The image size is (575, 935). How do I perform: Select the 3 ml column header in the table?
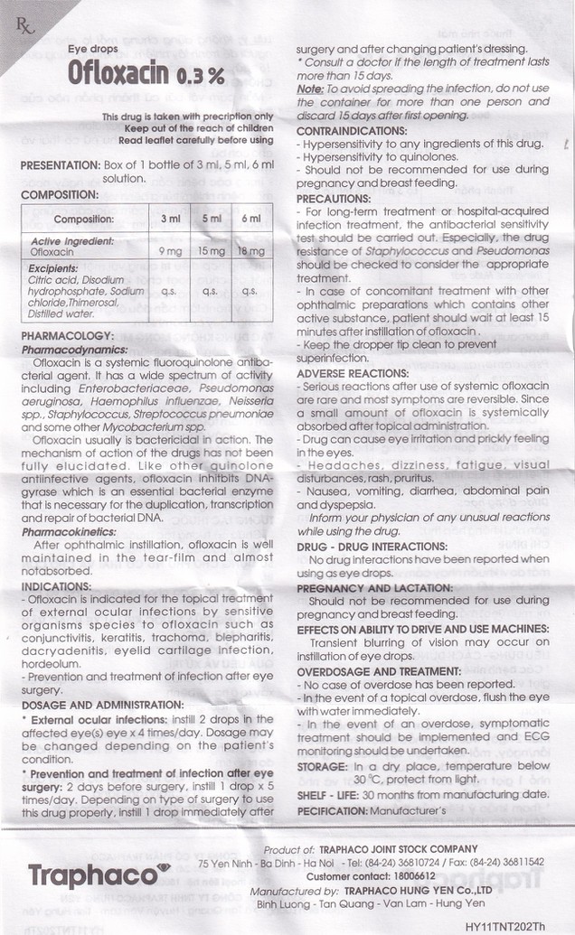pos(169,218)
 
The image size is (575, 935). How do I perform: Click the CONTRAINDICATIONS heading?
pos(353,129)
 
